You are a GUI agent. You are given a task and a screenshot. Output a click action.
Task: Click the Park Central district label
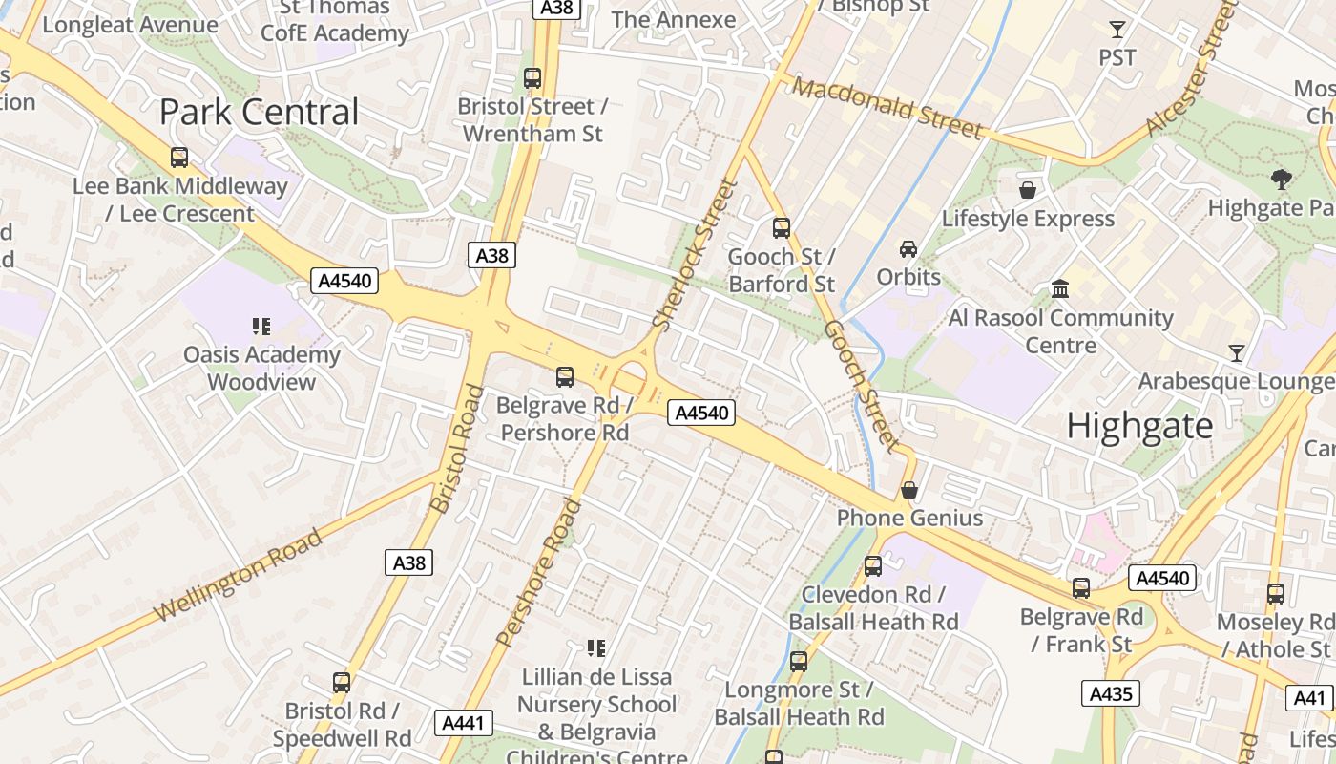(x=259, y=113)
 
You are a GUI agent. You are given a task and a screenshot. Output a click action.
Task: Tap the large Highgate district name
(x=1139, y=425)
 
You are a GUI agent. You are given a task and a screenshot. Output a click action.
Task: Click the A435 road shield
(x=1111, y=693)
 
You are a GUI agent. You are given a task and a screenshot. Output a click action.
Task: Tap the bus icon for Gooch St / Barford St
(x=782, y=227)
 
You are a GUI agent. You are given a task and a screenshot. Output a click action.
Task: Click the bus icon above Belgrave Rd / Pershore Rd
(x=565, y=377)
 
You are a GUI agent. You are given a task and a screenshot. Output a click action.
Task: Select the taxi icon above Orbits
(x=908, y=249)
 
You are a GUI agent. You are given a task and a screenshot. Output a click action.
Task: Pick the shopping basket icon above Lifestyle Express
(x=1028, y=190)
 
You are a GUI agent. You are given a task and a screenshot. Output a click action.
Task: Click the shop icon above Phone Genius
(x=909, y=490)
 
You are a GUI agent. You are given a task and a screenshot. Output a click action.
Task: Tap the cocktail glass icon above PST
(x=1117, y=30)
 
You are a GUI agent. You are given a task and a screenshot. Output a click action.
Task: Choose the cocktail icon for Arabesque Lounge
(x=1237, y=353)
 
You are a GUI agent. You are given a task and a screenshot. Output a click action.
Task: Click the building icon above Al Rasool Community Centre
(x=1060, y=288)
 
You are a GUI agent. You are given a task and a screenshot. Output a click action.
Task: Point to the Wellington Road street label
(x=239, y=576)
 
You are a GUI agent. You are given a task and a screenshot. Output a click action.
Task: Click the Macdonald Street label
(x=887, y=108)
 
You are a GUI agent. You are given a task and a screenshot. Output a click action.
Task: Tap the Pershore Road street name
(x=539, y=571)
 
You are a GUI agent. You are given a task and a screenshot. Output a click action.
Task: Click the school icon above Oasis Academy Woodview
(x=261, y=327)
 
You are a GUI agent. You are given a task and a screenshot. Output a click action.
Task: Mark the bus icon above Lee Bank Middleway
(x=178, y=158)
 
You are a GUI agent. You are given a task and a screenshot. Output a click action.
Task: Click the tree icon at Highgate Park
(x=1281, y=179)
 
